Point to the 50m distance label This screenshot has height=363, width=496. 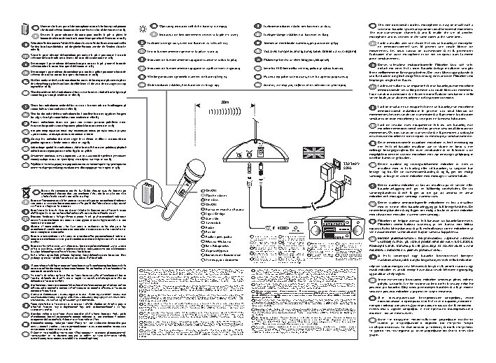pos(225,101)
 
